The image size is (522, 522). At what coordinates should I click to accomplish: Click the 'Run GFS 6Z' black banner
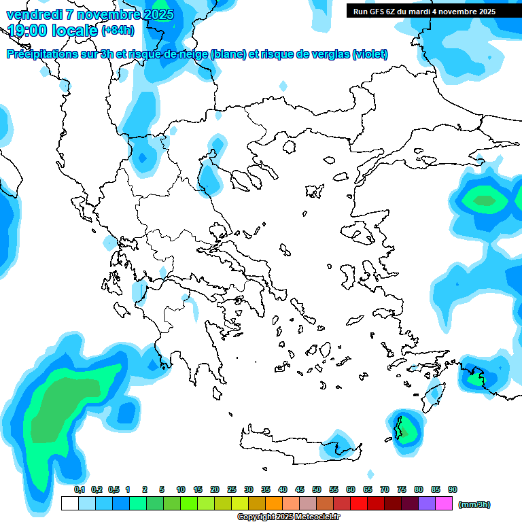coord(424,12)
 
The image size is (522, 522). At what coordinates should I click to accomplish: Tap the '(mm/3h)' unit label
coord(474,504)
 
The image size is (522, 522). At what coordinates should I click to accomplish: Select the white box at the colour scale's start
coord(69,504)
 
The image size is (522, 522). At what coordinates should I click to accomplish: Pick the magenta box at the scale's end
coord(444,504)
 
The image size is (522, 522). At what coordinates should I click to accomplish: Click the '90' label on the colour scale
coord(453,489)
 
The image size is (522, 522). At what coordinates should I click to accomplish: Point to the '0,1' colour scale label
coord(79,489)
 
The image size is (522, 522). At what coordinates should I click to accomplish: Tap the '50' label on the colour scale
coord(317,489)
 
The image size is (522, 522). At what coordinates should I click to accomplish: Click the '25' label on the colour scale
coord(232,489)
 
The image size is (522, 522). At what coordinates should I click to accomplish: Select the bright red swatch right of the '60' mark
coord(359,504)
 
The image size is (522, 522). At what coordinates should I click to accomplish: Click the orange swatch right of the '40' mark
coord(291,504)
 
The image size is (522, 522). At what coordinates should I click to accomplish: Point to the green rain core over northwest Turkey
coord(485,201)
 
